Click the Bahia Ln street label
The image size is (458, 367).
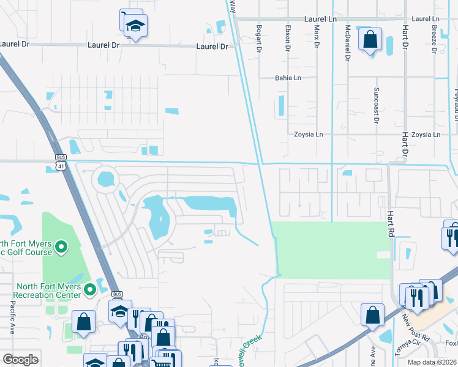coord(288,78)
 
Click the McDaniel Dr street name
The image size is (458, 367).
coord(347,42)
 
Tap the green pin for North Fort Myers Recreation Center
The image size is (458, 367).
coord(90,288)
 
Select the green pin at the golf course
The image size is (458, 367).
coord(60,247)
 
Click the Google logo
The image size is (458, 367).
coord(20,360)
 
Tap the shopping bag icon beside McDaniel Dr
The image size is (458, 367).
coord(370,40)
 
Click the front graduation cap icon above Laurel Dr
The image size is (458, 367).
coord(135,26)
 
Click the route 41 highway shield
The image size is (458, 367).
coord(59,166)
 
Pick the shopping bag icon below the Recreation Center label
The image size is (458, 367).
coord(83,322)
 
